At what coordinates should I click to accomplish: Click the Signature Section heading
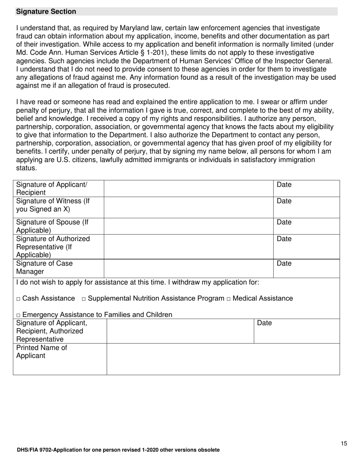click(x=46, y=12)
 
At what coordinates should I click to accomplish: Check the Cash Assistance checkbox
click(x=19, y=299)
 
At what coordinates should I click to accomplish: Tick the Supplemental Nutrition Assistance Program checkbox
click(x=84, y=299)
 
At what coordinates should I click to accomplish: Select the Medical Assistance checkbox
click(x=229, y=299)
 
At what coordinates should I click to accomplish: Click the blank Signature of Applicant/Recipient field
click(x=188, y=189)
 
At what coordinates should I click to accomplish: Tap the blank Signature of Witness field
click(x=188, y=207)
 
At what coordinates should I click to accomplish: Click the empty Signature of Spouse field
click(x=188, y=226)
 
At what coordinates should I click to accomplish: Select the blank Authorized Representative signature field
click(x=188, y=247)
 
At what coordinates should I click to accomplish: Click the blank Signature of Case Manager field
click(x=188, y=268)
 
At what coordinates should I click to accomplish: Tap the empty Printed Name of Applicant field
click(x=223, y=359)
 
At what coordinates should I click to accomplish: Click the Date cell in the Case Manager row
click(x=306, y=268)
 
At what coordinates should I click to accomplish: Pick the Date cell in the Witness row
click(x=306, y=207)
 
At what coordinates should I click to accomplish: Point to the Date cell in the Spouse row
click(x=306, y=226)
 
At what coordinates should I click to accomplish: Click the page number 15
click(x=343, y=444)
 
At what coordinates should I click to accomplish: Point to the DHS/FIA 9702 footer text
click(x=118, y=450)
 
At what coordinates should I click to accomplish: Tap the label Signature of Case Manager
click(x=44, y=267)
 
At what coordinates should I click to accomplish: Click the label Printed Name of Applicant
click(x=42, y=352)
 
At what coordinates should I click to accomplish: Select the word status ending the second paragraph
click(x=26, y=168)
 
